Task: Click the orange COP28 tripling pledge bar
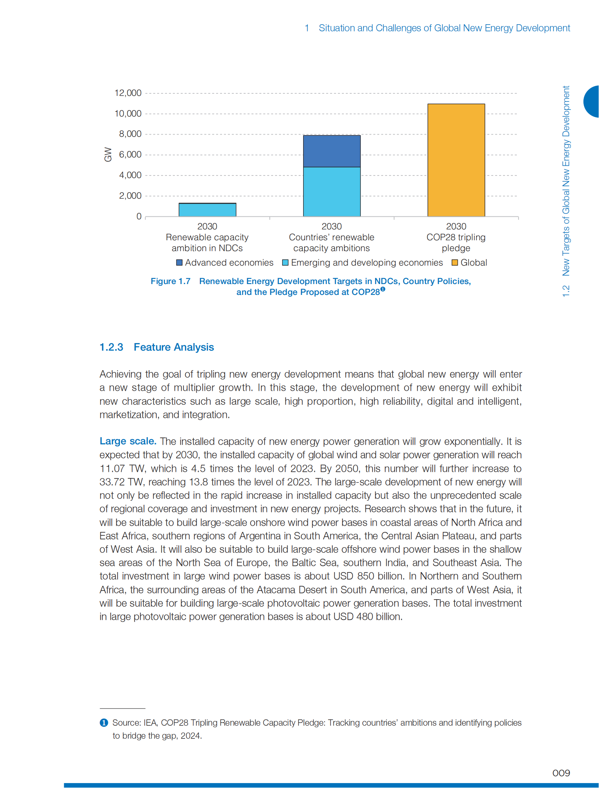click(x=456, y=160)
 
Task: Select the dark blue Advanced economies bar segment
click(x=331, y=151)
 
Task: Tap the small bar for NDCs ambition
click(x=207, y=210)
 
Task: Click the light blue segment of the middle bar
click(x=331, y=191)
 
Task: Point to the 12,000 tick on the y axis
click(x=127, y=93)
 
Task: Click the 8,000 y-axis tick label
click(x=130, y=134)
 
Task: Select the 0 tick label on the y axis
click(x=139, y=216)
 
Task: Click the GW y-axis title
click(x=108, y=155)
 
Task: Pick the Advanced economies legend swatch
click(x=179, y=263)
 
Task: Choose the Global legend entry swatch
click(x=455, y=263)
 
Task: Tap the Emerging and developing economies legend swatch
click(x=285, y=263)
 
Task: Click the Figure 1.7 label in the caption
click(x=171, y=281)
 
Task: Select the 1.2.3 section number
click(x=111, y=347)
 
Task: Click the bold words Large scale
click(x=127, y=441)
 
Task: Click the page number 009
click(x=561, y=773)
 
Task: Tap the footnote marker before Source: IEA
click(x=104, y=723)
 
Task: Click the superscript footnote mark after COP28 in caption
click(x=382, y=289)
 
